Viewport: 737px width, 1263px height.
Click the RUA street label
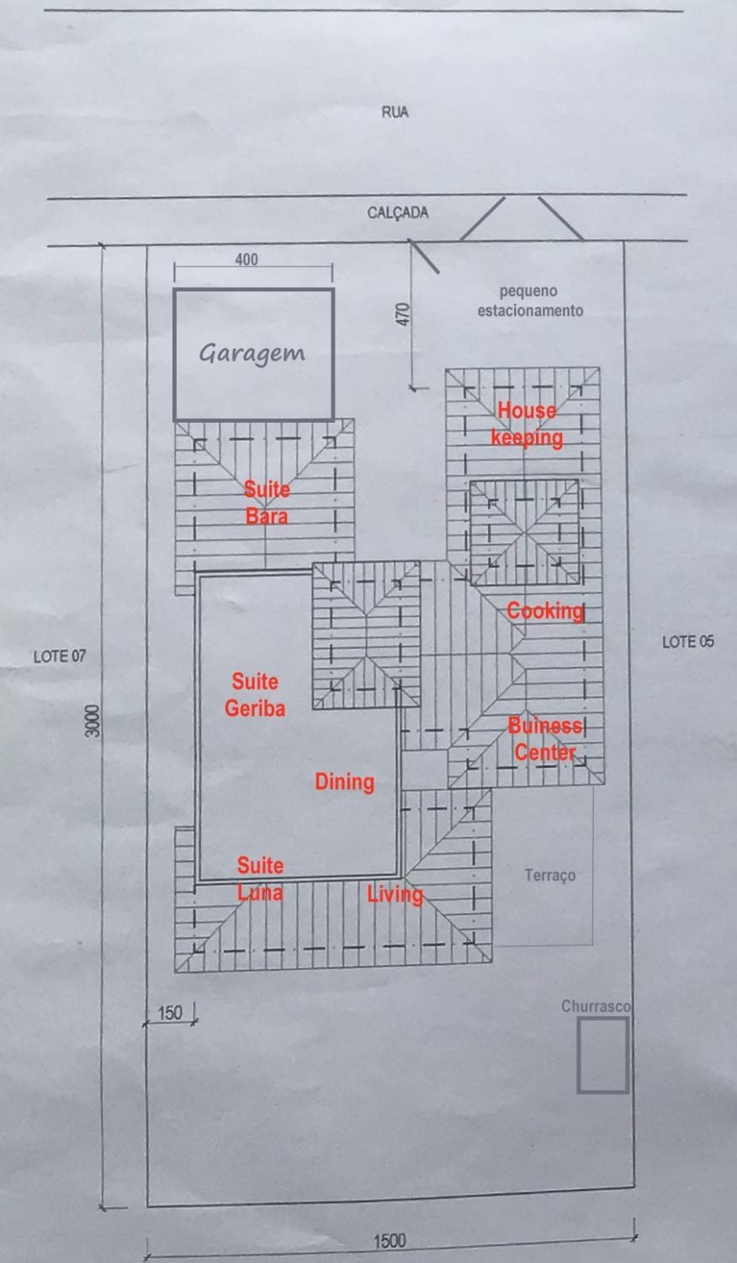(x=395, y=112)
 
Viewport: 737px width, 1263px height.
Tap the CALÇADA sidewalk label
(x=398, y=212)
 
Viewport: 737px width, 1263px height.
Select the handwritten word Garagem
(x=252, y=354)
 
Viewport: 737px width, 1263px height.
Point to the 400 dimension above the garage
(x=247, y=259)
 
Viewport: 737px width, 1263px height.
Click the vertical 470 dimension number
(x=403, y=314)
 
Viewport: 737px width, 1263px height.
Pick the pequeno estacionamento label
(x=530, y=301)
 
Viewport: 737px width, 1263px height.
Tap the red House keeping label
(x=527, y=424)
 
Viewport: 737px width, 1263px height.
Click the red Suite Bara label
(x=267, y=503)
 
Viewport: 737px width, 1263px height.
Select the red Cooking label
(x=545, y=611)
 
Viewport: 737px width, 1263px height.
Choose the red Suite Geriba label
(x=255, y=695)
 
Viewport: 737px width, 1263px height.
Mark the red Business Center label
(x=545, y=739)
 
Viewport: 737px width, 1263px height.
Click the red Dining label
(x=344, y=782)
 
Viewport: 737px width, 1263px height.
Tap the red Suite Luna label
(x=260, y=879)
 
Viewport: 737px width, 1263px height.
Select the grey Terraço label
(x=550, y=876)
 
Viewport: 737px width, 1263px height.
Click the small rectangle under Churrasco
(x=602, y=1056)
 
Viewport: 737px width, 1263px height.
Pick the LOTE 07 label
(x=60, y=656)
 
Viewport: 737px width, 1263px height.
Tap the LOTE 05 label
(x=688, y=642)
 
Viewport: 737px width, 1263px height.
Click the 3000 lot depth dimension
(x=93, y=721)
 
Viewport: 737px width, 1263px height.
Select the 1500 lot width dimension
(x=390, y=1241)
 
